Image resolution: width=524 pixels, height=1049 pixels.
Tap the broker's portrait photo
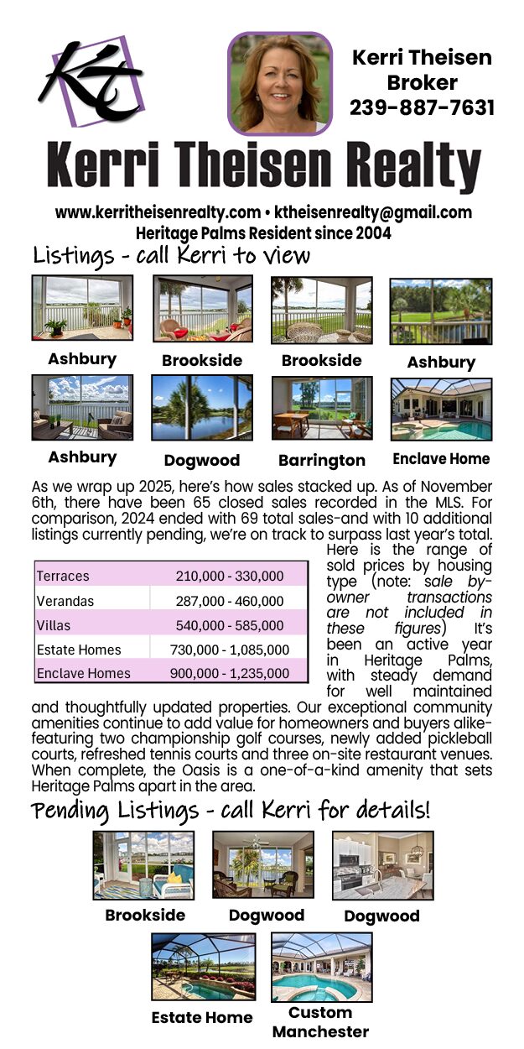tap(280, 83)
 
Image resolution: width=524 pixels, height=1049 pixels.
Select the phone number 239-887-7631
tap(422, 107)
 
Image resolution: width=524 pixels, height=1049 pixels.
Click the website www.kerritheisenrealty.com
tap(158, 212)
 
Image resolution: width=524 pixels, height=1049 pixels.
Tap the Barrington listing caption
tap(322, 460)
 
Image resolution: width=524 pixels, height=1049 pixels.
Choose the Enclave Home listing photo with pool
tap(441, 409)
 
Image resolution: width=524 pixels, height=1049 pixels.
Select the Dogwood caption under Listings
tap(201, 460)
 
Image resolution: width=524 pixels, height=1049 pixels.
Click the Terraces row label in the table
tap(63, 577)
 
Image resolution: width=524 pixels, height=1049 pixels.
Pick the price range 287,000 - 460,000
tap(230, 601)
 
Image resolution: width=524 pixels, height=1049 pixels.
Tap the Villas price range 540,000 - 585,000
tap(230, 625)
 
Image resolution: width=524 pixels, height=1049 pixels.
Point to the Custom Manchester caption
tap(321, 1022)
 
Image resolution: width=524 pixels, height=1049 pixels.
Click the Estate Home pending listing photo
tap(204, 967)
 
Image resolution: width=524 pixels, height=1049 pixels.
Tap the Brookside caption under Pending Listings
tap(145, 915)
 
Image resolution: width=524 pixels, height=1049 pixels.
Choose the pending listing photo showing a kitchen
tap(382, 864)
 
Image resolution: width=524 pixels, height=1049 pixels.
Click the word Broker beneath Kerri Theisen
tap(422, 82)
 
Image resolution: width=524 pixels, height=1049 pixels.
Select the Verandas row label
tap(65, 601)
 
